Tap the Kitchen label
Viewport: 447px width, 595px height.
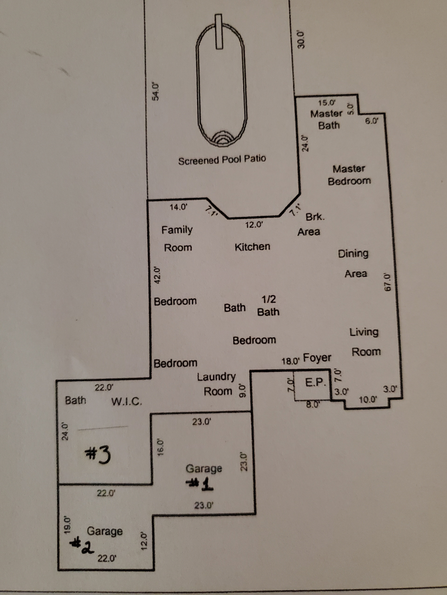coord(252,247)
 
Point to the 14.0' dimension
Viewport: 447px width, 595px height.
coord(179,207)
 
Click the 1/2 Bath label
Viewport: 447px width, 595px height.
coord(268,306)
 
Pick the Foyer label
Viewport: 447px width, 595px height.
coord(317,358)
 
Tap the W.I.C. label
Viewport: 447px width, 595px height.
coord(127,402)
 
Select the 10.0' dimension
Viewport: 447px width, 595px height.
coord(368,400)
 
